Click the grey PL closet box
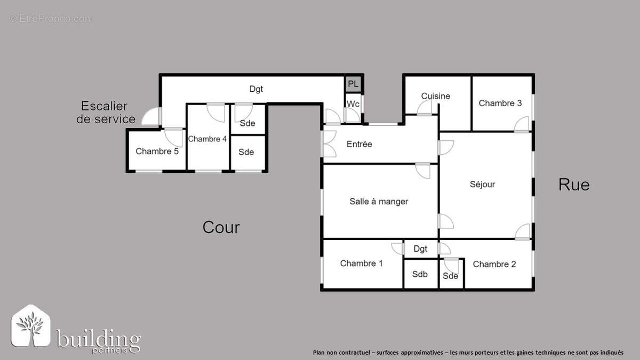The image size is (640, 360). pyautogui.click(x=353, y=84)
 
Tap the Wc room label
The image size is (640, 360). pyautogui.click(x=353, y=103)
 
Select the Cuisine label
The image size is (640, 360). pyautogui.click(x=436, y=96)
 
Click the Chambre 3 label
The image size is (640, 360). pyautogui.click(x=500, y=103)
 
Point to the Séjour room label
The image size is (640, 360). pyautogui.click(x=482, y=185)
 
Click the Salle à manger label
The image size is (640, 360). pyautogui.click(x=379, y=201)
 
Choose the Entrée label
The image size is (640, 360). pyautogui.click(x=359, y=144)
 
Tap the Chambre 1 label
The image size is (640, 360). pyautogui.click(x=361, y=263)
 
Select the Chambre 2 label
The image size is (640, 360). pyautogui.click(x=494, y=264)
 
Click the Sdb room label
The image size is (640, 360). pyautogui.click(x=420, y=274)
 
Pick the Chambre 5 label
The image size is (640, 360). pyautogui.click(x=157, y=151)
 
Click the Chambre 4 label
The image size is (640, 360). pyautogui.click(x=207, y=139)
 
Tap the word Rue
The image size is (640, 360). pyautogui.click(x=574, y=185)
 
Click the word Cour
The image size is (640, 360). pyautogui.click(x=221, y=228)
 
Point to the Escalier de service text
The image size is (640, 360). pyautogui.click(x=106, y=113)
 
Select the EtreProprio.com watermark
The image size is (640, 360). pyautogui.click(x=51, y=19)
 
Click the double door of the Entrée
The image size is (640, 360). pyautogui.click(x=329, y=144)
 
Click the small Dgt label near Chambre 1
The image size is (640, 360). pyautogui.click(x=420, y=249)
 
